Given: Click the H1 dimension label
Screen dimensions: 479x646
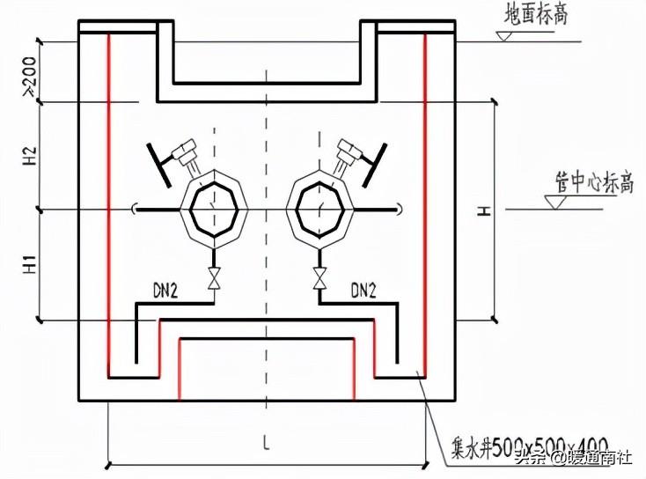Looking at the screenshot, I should coord(28,263).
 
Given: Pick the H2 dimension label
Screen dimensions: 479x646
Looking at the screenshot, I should coord(28,157).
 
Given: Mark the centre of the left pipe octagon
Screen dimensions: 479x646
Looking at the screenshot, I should coord(212,209).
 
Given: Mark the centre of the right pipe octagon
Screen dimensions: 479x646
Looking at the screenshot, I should coord(319,209).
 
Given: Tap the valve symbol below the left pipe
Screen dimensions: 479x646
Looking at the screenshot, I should coord(212,280).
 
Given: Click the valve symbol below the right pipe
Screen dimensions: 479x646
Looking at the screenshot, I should coord(319,280).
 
